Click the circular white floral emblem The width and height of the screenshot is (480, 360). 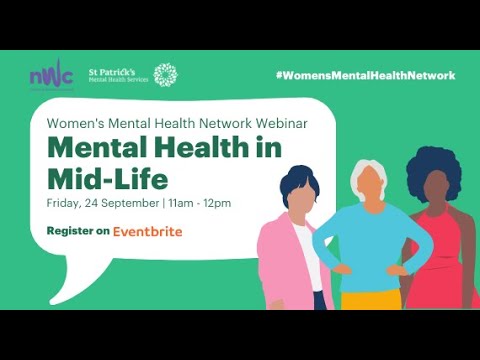click(164, 76)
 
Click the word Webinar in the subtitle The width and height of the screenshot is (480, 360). click(279, 125)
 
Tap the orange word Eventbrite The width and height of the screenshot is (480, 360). click(147, 231)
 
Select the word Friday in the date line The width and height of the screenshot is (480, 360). click(64, 204)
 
